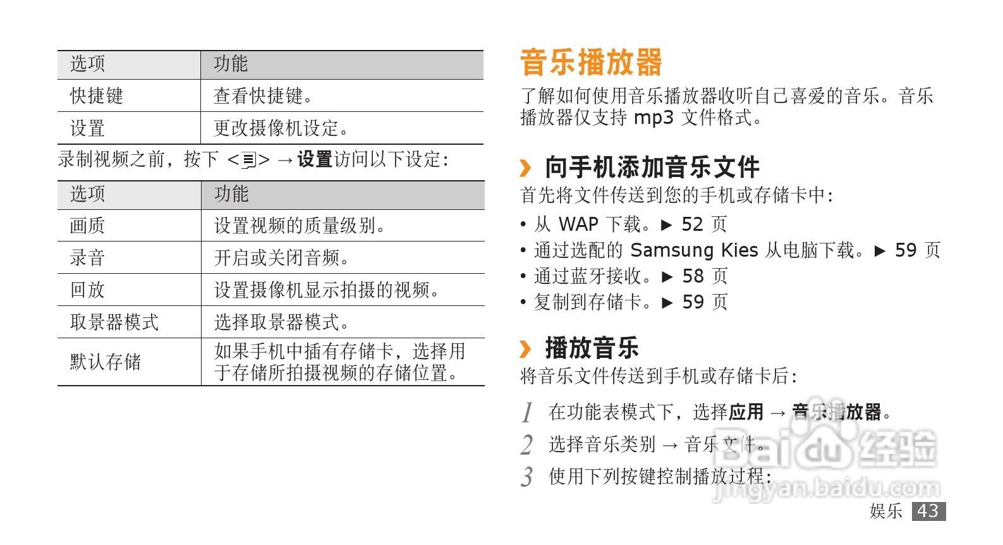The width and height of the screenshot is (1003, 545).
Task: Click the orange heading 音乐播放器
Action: tap(591, 63)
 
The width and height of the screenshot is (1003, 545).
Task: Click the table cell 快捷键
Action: tap(96, 96)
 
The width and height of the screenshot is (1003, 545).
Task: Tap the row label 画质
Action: tap(87, 226)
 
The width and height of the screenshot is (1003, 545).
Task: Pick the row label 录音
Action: tap(87, 258)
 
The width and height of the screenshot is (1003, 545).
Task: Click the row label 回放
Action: tap(87, 290)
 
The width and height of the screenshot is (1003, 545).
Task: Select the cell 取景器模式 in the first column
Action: tap(114, 322)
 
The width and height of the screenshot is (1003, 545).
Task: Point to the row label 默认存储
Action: tap(105, 362)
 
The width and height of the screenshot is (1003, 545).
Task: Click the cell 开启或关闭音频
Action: tap(281, 258)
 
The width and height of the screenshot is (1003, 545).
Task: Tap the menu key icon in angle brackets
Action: tap(249, 160)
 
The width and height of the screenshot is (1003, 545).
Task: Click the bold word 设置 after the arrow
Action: tap(315, 159)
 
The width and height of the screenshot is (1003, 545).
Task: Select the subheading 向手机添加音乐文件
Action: tap(652, 168)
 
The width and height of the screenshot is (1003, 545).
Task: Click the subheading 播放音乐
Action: tap(592, 348)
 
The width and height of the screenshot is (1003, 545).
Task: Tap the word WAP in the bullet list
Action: tap(578, 224)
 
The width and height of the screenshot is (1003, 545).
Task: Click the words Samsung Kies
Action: tap(694, 250)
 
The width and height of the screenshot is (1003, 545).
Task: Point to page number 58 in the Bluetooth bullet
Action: tap(693, 276)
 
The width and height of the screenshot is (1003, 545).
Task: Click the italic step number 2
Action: tap(527, 444)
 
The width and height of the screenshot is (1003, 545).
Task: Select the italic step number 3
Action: tap(527, 477)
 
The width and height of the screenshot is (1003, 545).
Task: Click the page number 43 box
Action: tap(928, 511)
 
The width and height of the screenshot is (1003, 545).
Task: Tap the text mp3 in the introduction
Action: tap(653, 118)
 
